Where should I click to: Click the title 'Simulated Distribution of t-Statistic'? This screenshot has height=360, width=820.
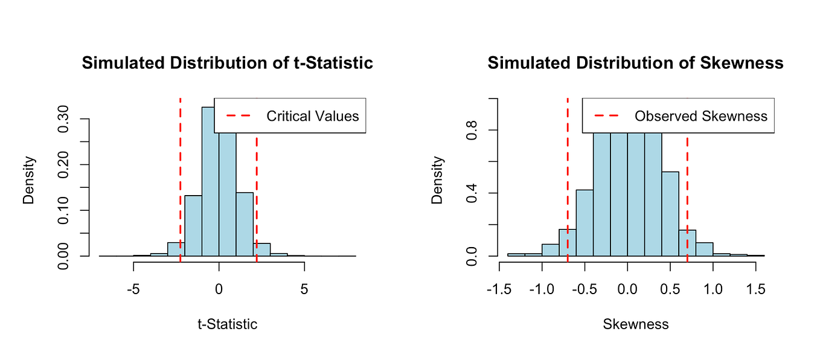click(x=227, y=63)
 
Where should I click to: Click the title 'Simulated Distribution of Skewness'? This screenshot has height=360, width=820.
click(x=635, y=63)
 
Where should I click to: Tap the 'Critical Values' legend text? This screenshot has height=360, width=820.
click(x=313, y=116)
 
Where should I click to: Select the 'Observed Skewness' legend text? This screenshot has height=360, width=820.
click(x=700, y=116)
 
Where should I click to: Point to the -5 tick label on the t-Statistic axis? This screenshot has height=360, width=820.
click(x=133, y=289)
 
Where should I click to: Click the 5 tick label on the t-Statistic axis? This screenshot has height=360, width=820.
click(x=304, y=289)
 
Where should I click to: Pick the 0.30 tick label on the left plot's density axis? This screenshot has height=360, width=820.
click(x=63, y=118)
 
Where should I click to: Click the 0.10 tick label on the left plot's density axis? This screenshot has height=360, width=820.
click(x=63, y=210)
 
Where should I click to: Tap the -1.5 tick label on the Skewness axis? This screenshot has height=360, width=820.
click(x=499, y=289)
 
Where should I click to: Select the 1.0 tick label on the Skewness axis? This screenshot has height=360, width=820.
click(x=713, y=289)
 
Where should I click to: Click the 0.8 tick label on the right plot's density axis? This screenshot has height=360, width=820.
click(x=472, y=130)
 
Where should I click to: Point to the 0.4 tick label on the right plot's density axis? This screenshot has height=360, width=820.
click(x=472, y=193)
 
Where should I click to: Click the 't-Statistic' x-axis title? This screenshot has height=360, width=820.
click(x=227, y=324)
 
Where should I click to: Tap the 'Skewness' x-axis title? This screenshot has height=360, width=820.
click(x=636, y=324)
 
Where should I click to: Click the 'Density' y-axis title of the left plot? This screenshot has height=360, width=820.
click(x=28, y=180)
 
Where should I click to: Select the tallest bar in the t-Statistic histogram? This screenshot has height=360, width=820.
click(x=210, y=182)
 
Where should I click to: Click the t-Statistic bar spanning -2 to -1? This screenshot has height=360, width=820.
click(x=193, y=225)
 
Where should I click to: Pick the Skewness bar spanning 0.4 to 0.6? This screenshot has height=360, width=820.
click(x=670, y=214)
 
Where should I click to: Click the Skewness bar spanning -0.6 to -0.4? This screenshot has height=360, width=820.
click(x=585, y=223)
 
